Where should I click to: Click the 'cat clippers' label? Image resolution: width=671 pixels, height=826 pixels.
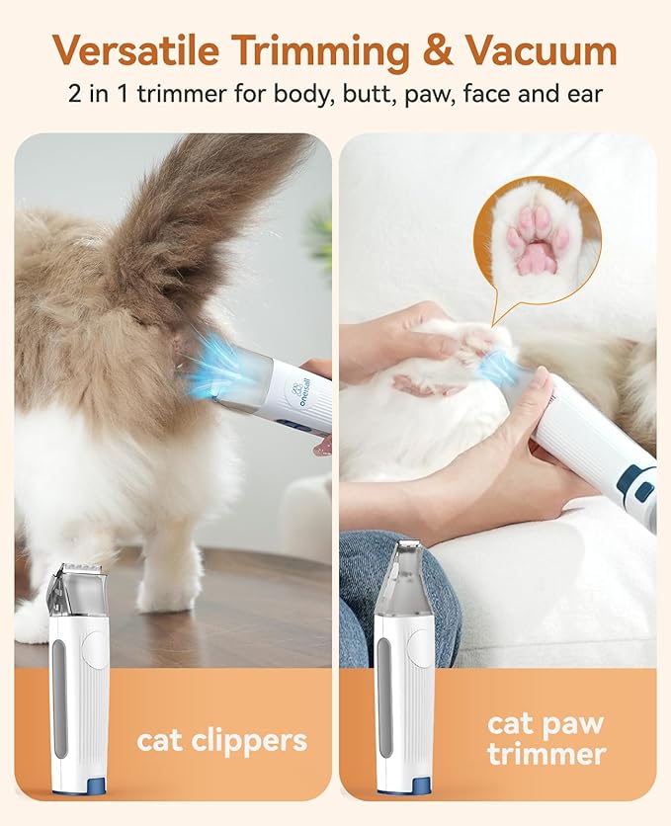221,740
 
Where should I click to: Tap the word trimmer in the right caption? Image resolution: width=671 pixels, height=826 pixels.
545,755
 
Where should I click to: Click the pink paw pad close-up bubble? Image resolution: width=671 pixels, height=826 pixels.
536,237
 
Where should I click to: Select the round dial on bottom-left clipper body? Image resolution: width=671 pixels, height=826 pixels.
95,647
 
